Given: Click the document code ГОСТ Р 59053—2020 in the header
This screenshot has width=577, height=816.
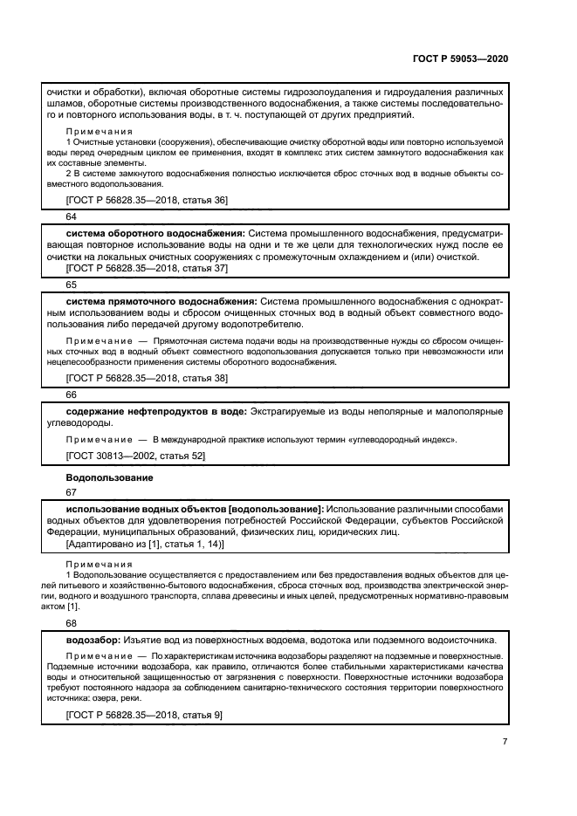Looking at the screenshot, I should [459, 58].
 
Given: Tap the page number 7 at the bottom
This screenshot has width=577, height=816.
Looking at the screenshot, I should [505, 742].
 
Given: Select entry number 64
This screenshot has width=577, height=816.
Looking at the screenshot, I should [72, 216].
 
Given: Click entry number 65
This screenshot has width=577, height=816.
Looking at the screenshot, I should [72, 285].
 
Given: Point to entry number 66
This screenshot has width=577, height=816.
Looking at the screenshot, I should [72, 394].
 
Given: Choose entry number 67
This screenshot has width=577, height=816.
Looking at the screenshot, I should [72, 492].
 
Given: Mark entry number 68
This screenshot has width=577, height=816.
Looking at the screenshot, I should [72, 624].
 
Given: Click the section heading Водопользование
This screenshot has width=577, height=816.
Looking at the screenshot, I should [110, 477].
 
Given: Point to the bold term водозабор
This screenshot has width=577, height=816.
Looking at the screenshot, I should [93, 640].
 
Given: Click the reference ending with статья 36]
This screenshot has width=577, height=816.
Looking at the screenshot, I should [147, 200].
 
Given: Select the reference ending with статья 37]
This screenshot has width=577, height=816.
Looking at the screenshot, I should [147, 269].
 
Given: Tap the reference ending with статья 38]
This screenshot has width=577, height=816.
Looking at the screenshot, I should [147, 377].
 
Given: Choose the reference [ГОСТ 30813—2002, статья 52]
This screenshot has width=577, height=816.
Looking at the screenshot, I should [135, 456].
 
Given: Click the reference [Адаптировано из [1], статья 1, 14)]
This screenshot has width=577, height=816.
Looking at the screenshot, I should [145, 544].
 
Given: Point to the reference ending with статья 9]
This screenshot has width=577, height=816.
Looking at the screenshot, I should [144, 715].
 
